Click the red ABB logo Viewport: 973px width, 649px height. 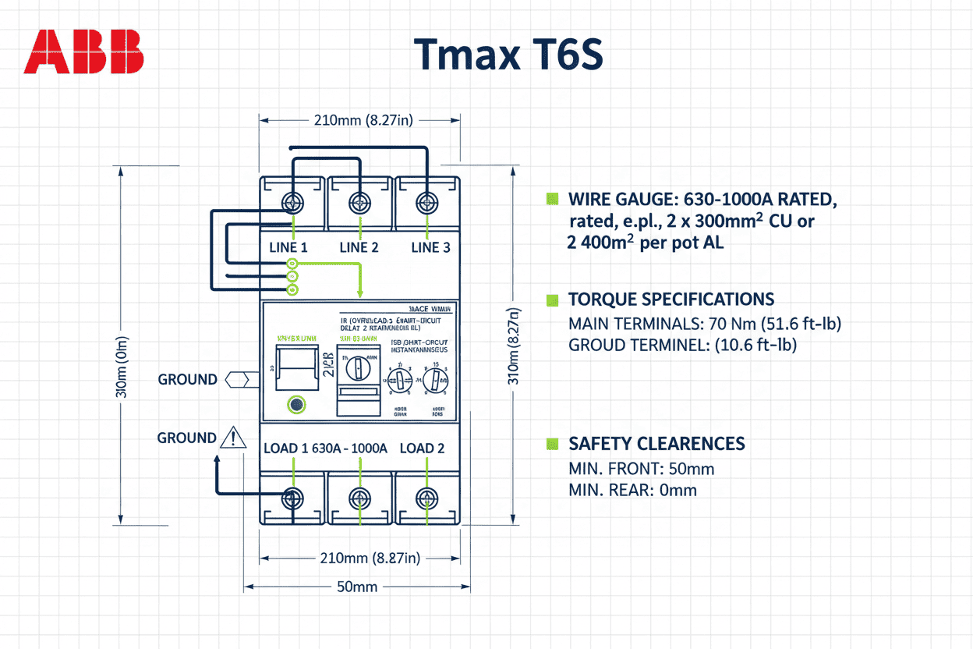[84, 52]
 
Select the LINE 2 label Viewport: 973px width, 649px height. [359, 247]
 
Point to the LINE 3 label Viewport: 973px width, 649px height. [430, 247]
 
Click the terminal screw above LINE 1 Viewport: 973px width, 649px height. [292, 203]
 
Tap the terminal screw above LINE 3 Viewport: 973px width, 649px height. [426, 202]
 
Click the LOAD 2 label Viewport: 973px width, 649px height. [422, 448]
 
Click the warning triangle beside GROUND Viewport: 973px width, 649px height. [233, 438]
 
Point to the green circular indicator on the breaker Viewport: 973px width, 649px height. [296, 405]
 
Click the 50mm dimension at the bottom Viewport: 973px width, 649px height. [358, 586]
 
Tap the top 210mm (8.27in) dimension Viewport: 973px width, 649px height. [358, 120]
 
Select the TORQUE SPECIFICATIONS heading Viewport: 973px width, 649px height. [671, 300]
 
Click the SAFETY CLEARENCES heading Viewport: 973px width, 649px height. [656, 444]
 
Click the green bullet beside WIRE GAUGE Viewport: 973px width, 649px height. [554, 199]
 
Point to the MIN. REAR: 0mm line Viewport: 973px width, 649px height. [632, 490]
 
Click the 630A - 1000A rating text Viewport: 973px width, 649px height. [349, 448]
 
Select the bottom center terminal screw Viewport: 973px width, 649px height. [359, 497]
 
